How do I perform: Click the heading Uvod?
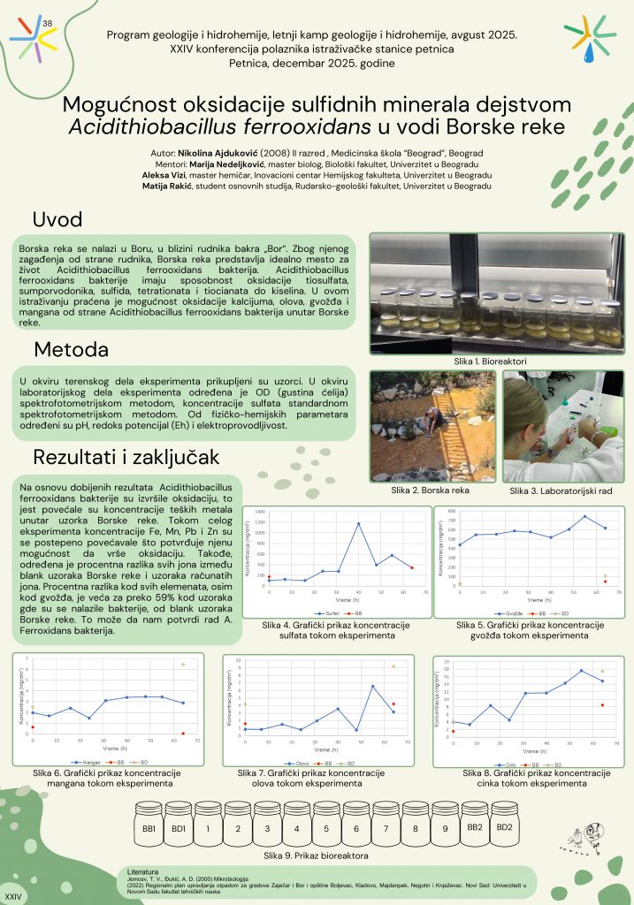pos(57,220)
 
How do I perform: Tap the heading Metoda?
pos(71,348)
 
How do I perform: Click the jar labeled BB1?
pos(149,829)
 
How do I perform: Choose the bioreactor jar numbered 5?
pos(326,829)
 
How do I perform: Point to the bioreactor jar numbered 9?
pos(445,829)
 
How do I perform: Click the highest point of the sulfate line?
pos(358,524)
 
